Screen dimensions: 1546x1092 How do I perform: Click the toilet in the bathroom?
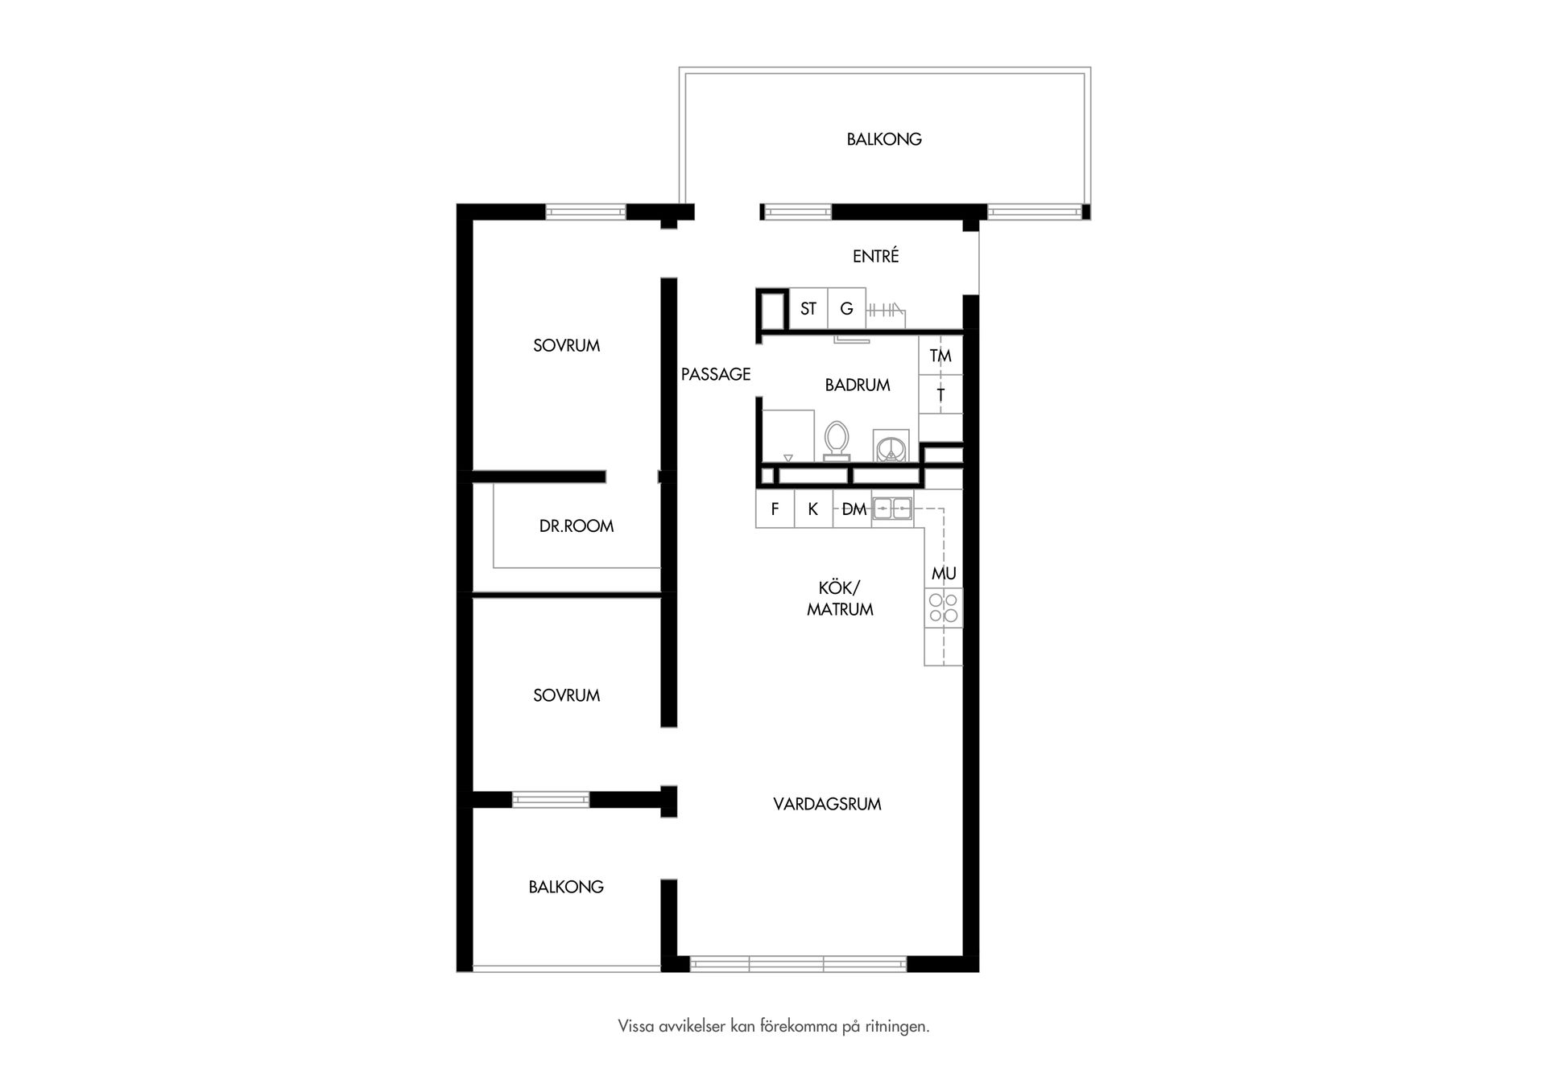(x=837, y=441)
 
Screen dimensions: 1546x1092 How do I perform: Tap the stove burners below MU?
(x=943, y=608)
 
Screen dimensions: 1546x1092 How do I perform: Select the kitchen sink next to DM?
(x=892, y=509)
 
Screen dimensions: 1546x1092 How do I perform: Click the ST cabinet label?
(x=808, y=308)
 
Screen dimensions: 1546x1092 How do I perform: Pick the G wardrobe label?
(x=846, y=308)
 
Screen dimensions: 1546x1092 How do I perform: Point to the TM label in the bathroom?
(x=940, y=356)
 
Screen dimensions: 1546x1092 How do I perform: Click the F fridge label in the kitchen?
(x=775, y=509)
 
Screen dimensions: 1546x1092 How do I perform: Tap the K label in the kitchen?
(x=813, y=509)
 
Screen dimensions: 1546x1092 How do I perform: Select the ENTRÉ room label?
(x=876, y=256)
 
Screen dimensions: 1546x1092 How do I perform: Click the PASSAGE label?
(x=716, y=374)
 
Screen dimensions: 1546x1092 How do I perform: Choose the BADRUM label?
(x=858, y=385)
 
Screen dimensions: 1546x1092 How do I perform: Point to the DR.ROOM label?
(x=577, y=526)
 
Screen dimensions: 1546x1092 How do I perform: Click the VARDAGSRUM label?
(x=828, y=804)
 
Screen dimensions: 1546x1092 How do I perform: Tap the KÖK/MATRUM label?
(x=840, y=599)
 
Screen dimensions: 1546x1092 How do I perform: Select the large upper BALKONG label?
(x=884, y=139)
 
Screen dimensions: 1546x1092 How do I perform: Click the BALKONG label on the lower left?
(x=566, y=887)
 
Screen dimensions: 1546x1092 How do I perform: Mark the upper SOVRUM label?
(x=567, y=346)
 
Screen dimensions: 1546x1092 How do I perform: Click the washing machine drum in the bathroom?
(x=891, y=447)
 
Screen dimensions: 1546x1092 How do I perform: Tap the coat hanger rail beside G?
(x=885, y=309)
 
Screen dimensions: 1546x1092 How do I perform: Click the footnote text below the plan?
(x=774, y=1027)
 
